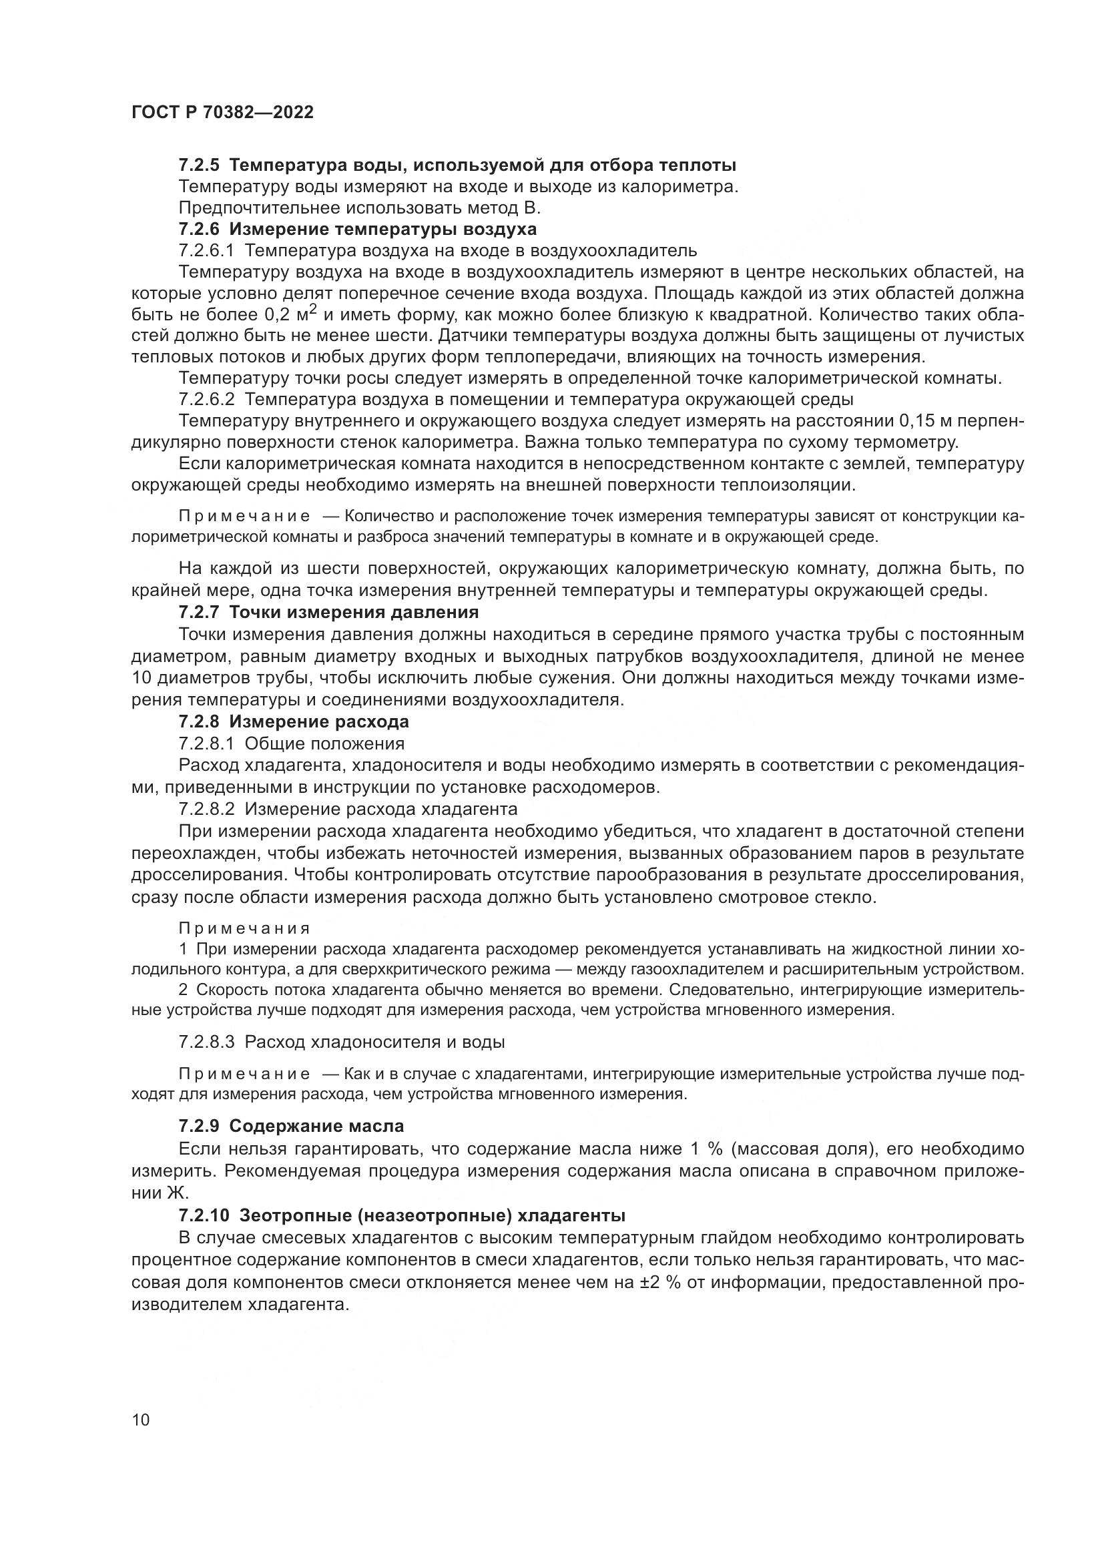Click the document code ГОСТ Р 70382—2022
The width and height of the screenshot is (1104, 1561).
click(x=222, y=113)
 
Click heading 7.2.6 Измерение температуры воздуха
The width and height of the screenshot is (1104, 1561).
click(x=358, y=229)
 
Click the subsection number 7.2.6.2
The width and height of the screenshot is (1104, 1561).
click(x=207, y=398)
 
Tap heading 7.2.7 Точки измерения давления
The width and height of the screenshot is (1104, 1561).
click(x=328, y=612)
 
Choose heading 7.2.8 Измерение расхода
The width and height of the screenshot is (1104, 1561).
click(x=294, y=721)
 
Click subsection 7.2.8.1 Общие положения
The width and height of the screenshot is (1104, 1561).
click(x=292, y=743)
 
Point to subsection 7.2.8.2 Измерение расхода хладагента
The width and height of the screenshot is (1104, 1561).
click(x=348, y=809)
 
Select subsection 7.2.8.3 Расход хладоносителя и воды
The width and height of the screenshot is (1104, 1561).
click(x=341, y=1042)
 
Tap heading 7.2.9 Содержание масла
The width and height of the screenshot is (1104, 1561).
click(x=291, y=1126)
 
